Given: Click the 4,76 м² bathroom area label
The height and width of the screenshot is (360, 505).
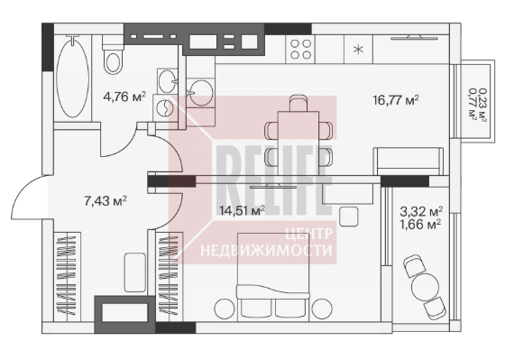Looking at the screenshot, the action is [124, 97].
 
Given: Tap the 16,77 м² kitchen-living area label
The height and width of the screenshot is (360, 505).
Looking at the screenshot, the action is [396, 99].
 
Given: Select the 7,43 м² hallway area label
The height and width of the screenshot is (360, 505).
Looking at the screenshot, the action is [106, 201].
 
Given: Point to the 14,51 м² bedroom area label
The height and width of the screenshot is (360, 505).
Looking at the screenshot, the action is [242, 210].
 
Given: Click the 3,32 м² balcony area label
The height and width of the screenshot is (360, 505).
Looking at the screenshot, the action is [421, 211].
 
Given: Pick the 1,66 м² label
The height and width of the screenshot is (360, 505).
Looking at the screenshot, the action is [420, 225].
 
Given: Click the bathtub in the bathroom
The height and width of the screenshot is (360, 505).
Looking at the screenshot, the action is [72, 77].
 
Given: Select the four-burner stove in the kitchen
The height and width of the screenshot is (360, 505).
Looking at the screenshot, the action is [301, 50].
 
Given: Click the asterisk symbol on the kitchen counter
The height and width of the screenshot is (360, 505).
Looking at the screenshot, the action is [358, 50].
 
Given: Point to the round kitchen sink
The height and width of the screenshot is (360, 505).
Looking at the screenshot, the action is [201, 93].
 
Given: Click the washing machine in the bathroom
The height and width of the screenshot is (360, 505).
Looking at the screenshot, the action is [164, 108].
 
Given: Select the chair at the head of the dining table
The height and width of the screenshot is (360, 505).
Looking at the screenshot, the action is [298, 103].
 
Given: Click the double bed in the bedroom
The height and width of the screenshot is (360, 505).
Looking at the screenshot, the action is [273, 277].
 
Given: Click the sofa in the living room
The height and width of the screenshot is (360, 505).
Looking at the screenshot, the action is [409, 162].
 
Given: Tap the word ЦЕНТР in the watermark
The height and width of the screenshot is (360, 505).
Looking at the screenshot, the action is [308, 234].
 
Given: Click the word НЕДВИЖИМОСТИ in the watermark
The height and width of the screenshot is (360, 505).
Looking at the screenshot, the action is [266, 251].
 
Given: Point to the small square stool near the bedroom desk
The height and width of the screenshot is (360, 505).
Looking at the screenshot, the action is [348, 217].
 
